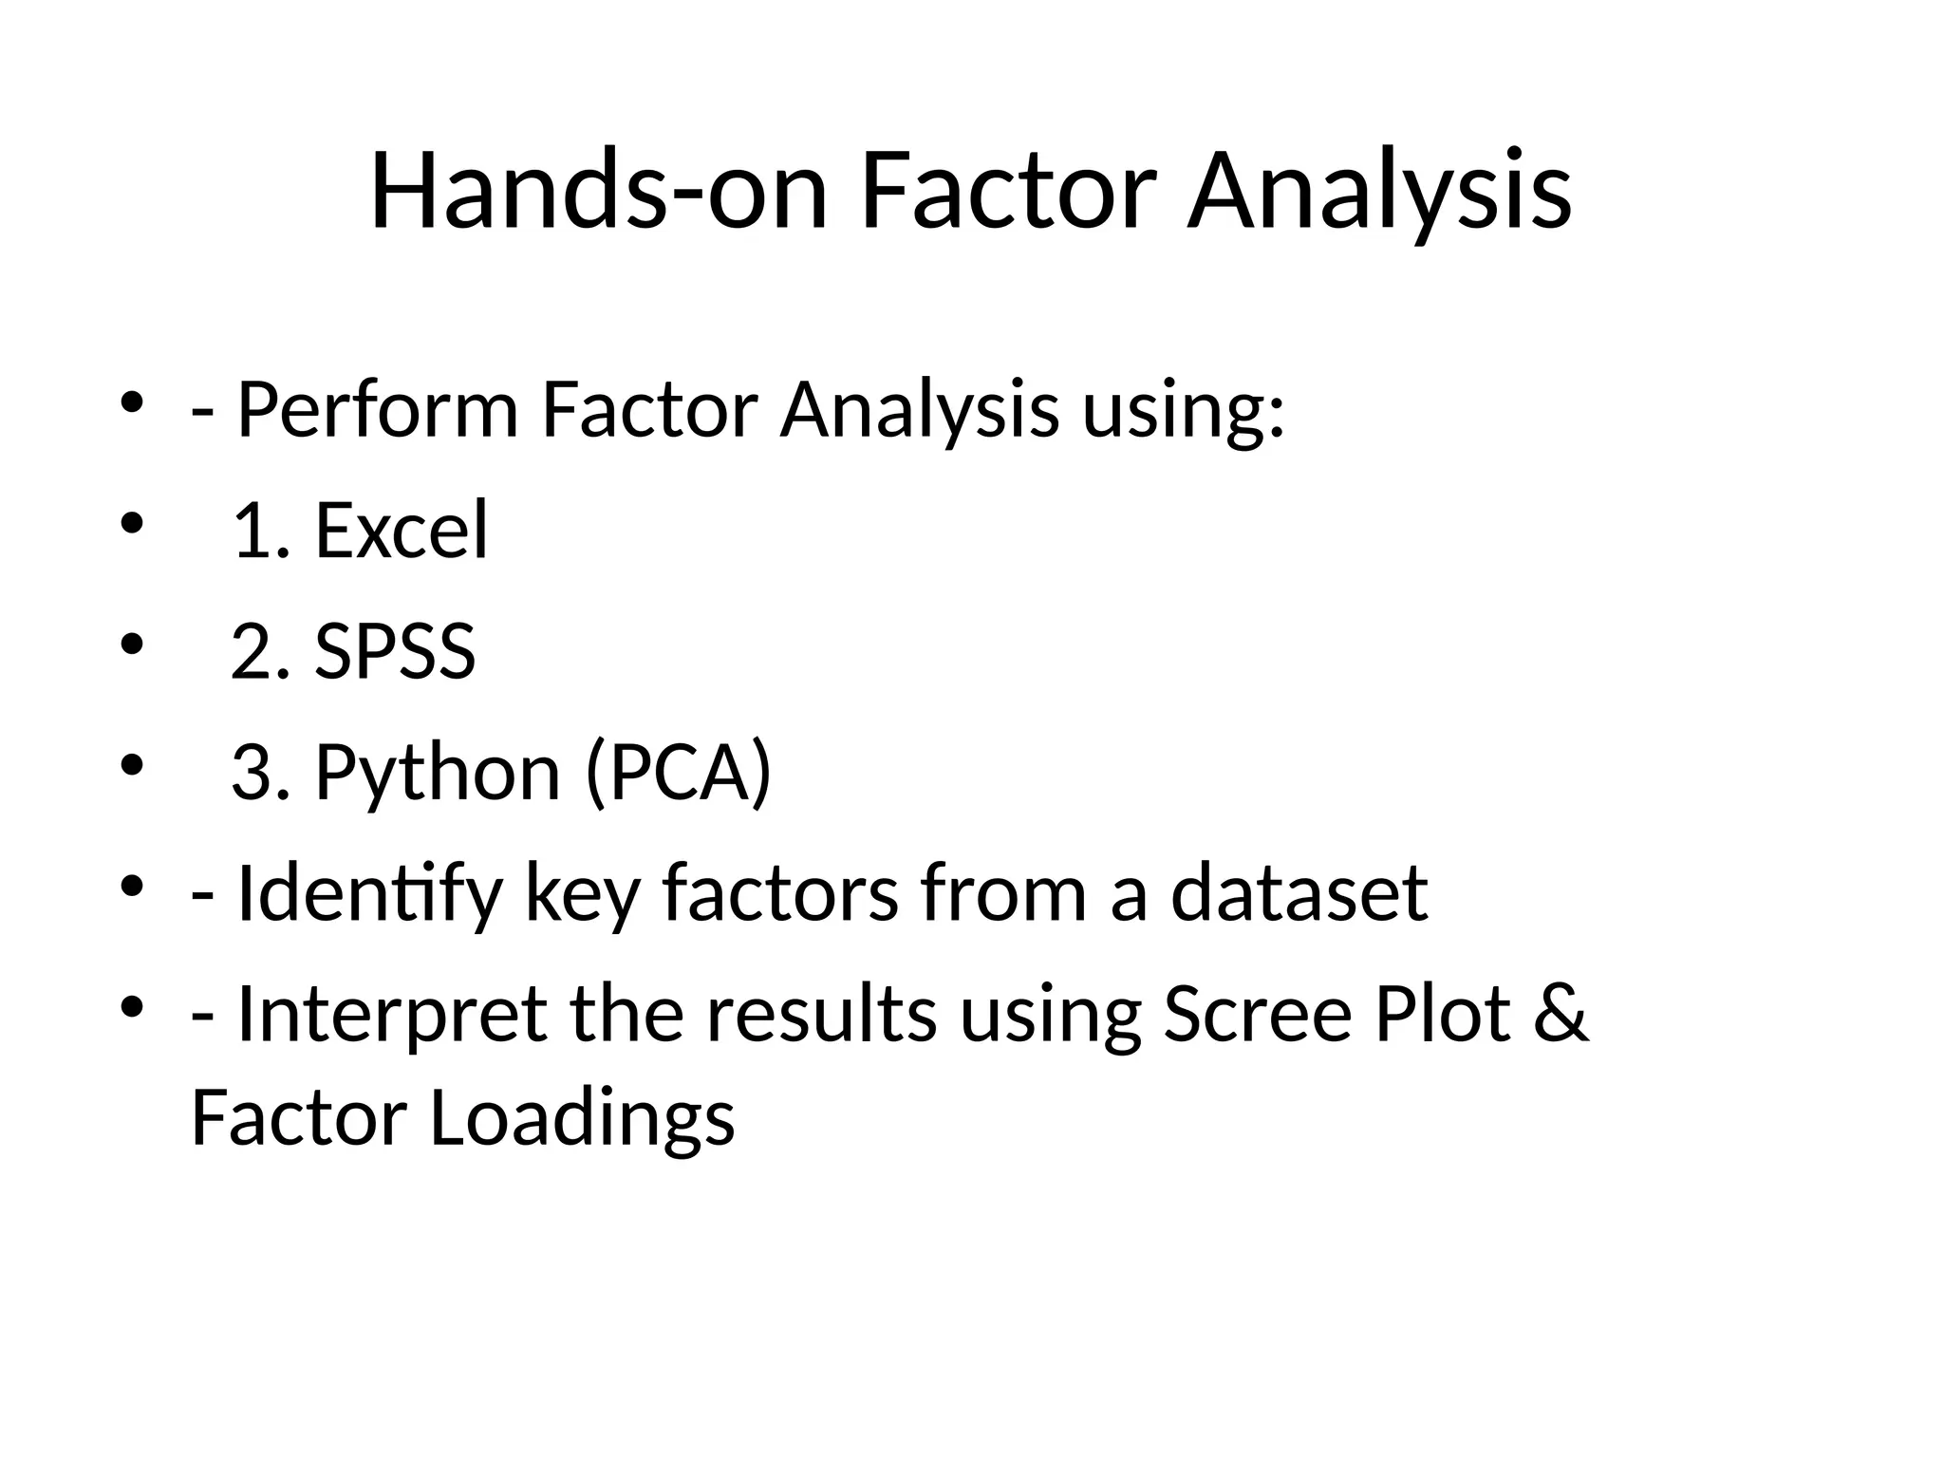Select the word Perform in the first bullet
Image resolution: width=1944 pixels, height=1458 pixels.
click(377, 410)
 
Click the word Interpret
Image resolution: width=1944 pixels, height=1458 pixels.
click(391, 1014)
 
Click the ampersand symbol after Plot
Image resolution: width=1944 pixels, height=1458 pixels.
click(1560, 1014)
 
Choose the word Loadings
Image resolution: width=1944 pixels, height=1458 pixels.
click(582, 1118)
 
